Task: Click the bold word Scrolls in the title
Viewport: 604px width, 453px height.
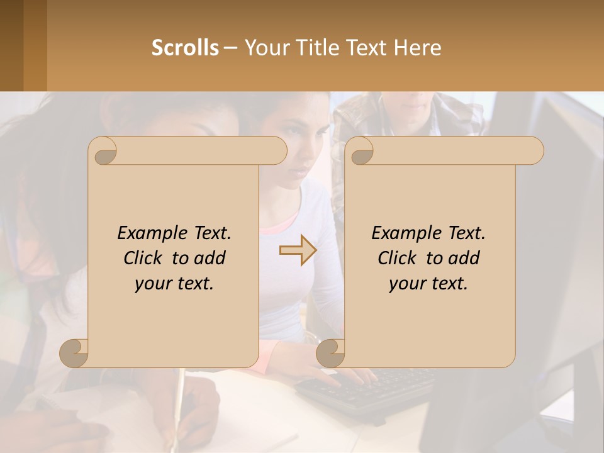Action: pyautogui.click(x=186, y=48)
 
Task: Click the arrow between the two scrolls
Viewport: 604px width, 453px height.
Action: pyautogui.click(x=298, y=250)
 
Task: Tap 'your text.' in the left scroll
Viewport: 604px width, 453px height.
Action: pyautogui.click(x=174, y=284)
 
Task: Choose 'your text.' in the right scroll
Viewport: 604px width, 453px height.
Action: pyautogui.click(x=428, y=284)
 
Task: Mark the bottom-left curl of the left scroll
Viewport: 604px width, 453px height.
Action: pyautogui.click(x=74, y=353)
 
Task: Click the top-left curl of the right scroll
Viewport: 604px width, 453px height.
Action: pyautogui.click(x=360, y=152)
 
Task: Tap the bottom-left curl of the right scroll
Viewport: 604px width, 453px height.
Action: pyautogui.click(x=330, y=353)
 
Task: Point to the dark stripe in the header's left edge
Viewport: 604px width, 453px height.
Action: pyautogui.click(x=11, y=45)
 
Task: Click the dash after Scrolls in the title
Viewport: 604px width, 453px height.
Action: pyautogui.click(x=230, y=48)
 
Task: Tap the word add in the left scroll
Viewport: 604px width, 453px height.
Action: pyautogui.click(x=211, y=258)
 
